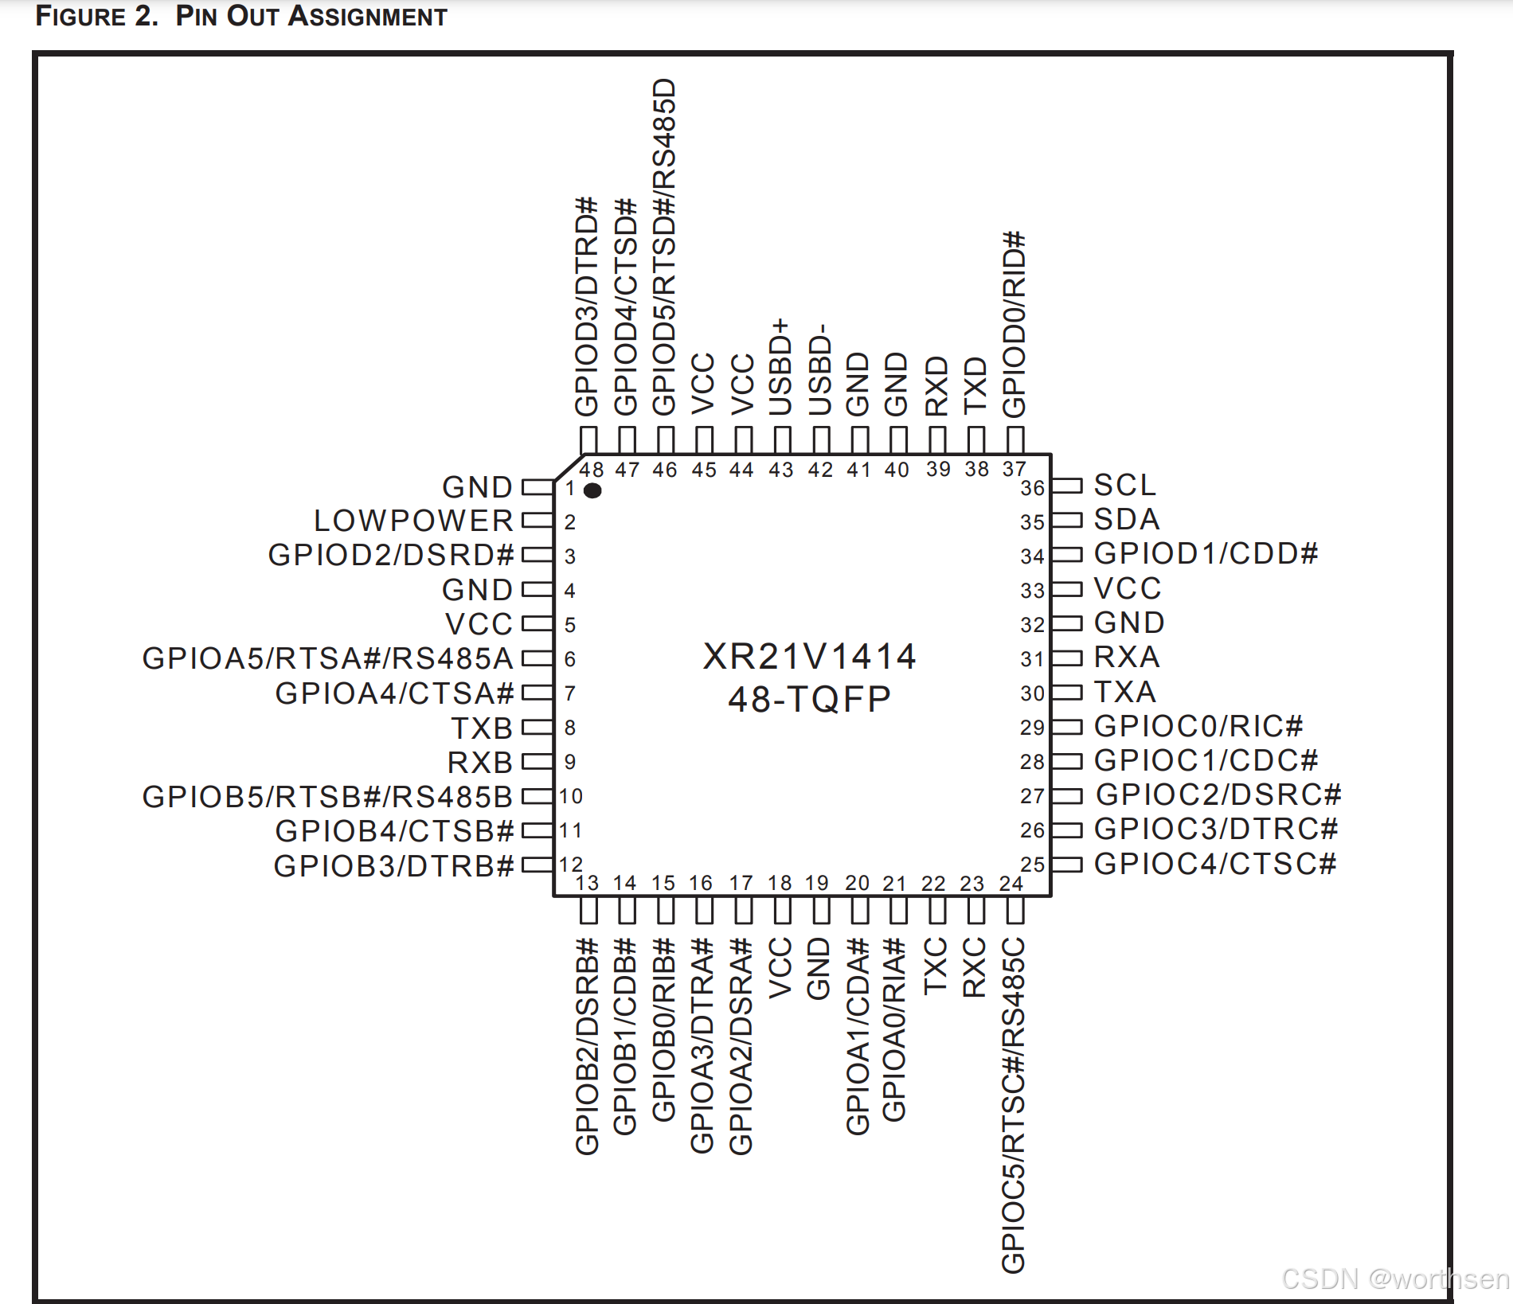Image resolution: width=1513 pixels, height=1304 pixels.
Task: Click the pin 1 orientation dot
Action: coord(592,490)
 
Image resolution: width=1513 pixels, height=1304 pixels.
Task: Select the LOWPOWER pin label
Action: coord(414,521)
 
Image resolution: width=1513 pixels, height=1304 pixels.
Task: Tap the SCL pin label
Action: coord(1124,485)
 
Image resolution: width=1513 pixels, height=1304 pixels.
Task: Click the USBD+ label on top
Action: coord(780,367)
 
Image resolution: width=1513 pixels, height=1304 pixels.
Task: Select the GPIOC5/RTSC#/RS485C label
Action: coord(1013,1105)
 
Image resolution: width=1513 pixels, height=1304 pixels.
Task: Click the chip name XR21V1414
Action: coord(810,657)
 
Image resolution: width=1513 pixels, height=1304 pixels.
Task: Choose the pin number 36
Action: coord(1033,488)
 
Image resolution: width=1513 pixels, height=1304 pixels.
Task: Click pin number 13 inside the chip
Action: coord(588,883)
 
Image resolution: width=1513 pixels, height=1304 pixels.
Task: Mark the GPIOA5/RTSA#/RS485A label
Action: coord(328,658)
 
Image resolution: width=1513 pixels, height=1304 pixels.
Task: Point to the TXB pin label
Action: coord(482,728)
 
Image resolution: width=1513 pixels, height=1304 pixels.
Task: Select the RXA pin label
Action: coord(1127,657)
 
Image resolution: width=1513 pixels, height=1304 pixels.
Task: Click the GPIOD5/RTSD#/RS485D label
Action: coord(664,247)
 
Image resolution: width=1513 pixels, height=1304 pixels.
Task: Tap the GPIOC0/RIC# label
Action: coord(1198,726)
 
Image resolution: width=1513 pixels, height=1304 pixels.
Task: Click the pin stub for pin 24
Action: coord(1015,911)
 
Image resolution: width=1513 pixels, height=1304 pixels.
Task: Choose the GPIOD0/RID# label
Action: coord(1014,324)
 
